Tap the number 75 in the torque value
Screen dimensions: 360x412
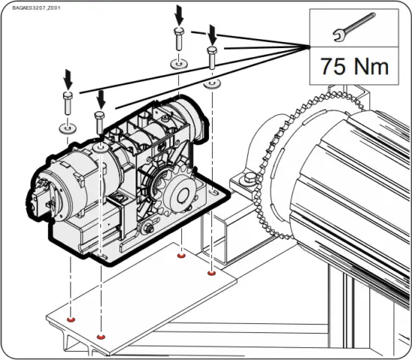pyautogui.click(x=333, y=65)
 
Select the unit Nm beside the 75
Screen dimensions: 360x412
pyautogui.click(x=371, y=65)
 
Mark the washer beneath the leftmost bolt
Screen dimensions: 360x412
pyautogui.click(x=66, y=128)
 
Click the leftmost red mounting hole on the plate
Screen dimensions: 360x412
pyautogui.click(x=70, y=320)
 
